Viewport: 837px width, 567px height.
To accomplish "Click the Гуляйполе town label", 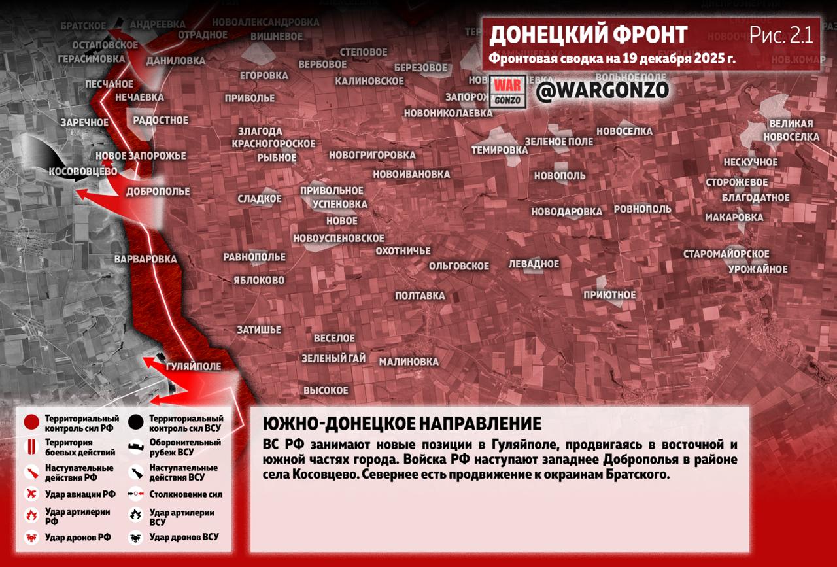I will [194, 366].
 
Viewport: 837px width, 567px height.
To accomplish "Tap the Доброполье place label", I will [158, 192].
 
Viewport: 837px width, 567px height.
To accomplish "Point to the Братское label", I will [83, 26].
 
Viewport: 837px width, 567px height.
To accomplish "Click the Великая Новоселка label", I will [791, 130].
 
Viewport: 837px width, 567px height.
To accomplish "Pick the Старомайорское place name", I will [726, 254].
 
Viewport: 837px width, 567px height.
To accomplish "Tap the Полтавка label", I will [420, 296].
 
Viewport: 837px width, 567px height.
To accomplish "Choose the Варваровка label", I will [145, 259].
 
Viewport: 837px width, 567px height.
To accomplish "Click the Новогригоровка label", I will [372, 155].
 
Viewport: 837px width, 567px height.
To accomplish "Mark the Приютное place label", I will [609, 295].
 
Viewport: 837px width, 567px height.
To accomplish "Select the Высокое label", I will [326, 390].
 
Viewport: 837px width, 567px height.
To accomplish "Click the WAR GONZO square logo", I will [507, 92].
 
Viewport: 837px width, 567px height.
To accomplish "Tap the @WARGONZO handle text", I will [602, 91].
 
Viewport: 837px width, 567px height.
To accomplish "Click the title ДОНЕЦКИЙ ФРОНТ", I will [588, 35].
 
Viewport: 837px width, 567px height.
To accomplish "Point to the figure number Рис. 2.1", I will [781, 35].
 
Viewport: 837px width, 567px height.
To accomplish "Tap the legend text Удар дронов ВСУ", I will [184, 537].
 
